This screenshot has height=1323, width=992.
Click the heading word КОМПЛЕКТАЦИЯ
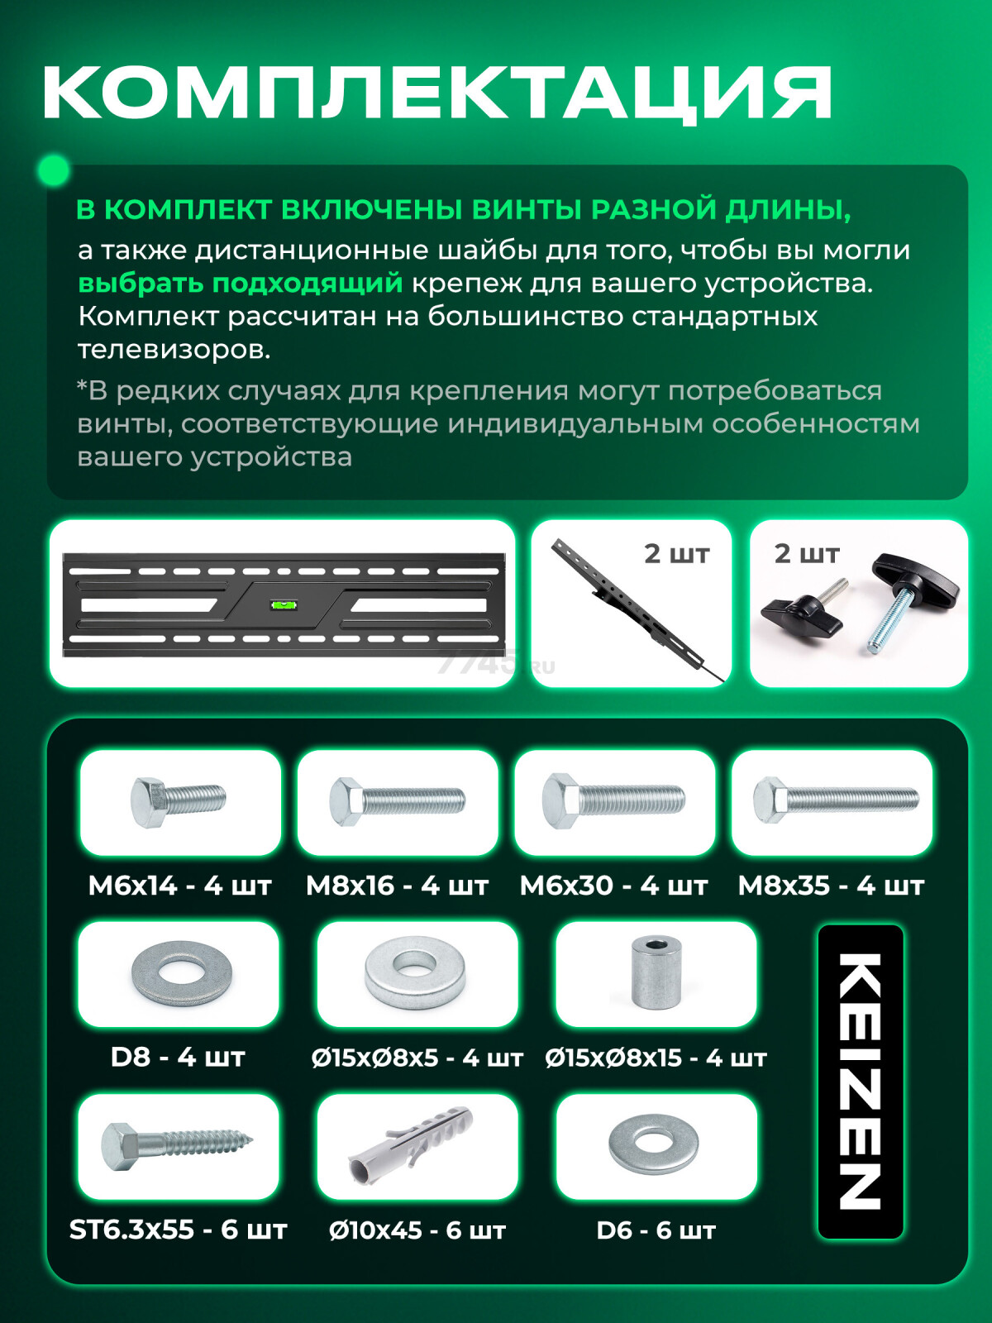pyautogui.click(x=436, y=93)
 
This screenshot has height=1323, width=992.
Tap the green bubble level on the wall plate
pyautogui.click(x=283, y=604)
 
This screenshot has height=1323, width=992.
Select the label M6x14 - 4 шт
pyautogui.click(x=180, y=886)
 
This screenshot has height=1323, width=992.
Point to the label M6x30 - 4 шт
pyautogui.click(x=613, y=886)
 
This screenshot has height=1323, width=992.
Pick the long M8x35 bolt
pyautogui.click(x=835, y=800)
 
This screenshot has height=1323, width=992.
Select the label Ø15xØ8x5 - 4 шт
pyautogui.click(x=417, y=1058)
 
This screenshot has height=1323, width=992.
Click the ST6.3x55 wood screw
pyautogui.click(x=177, y=1145)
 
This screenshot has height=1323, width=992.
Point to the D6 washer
pyautogui.click(x=653, y=1145)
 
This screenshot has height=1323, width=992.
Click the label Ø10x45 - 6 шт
pyautogui.click(x=417, y=1230)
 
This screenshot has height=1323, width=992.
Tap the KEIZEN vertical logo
pyautogui.click(x=860, y=1082)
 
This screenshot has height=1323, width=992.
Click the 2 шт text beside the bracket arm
pyautogui.click(x=676, y=554)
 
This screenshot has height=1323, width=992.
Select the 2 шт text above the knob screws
pyautogui.click(x=806, y=554)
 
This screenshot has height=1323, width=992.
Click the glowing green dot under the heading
pyautogui.click(x=54, y=171)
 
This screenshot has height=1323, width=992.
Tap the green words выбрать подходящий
pyautogui.click(x=240, y=283)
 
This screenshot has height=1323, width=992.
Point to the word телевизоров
pyautogui.click(x=174, y=349)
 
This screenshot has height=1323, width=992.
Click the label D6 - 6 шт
pyautogui.click(x=656, y=1230)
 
